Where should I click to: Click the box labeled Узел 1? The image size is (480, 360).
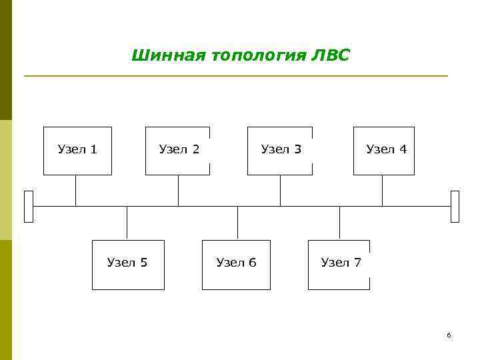(x=77, y=151)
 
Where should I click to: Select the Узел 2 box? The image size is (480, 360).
(x=177, y=151)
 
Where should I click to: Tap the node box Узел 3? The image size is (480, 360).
(x=280, y=151)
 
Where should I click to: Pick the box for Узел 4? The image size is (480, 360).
(x=384, y=151)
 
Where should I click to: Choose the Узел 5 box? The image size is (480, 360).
(x=128, y=265)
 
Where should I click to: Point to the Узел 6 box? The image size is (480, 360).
(x=236, y=265)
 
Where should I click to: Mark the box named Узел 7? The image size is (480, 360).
(x=339, y=265)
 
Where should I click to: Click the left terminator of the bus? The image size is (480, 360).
(x=28, y=206)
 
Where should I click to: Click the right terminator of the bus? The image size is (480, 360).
(x=455, y=206)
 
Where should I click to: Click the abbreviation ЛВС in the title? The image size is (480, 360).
(x=329, y=55)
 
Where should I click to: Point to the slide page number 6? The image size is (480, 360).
(x=449, y=335)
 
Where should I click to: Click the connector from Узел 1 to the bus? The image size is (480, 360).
(x=75, y=191)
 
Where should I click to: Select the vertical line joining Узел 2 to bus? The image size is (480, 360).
(x=178, y=191)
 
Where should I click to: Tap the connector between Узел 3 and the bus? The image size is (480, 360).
(x=280, y=191)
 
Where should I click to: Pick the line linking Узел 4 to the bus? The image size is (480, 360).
(x=382, y=191)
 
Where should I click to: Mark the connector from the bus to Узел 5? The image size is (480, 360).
(x=127, y=223)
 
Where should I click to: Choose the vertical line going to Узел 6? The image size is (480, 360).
(x=237, y=223)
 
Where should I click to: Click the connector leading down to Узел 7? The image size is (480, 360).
(x=339, y=223)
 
